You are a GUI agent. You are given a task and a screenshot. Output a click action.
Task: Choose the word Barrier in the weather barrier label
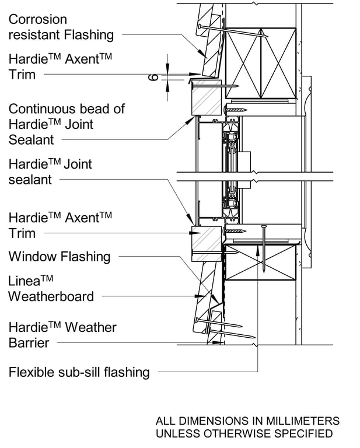point(29,342)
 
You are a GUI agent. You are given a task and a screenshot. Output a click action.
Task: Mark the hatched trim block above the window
point(207,97)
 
